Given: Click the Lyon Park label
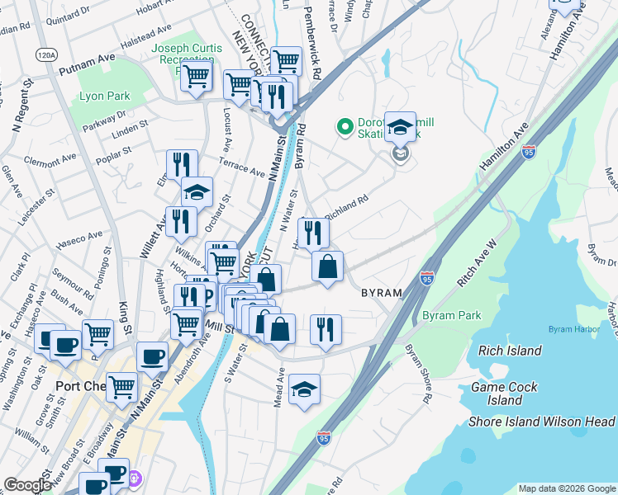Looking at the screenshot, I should tap(103, 97).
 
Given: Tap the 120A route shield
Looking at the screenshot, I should tap(47, 54).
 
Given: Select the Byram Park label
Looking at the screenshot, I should tap(451, 316).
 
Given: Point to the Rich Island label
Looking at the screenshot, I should tap(511, 351).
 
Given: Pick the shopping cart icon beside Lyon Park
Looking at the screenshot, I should tap(196, 76).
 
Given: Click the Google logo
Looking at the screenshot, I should tap(27, 484).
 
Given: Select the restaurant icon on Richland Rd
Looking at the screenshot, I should tap(312, 233).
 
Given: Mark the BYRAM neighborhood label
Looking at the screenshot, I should tap(381, 293).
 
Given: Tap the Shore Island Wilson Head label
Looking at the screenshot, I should tap(542, 422).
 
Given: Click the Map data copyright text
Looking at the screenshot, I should tap(566, 488).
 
